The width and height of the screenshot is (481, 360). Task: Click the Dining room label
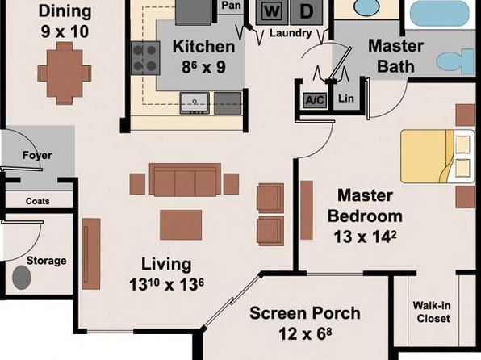[65, 11]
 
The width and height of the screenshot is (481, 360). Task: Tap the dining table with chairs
[65, 73]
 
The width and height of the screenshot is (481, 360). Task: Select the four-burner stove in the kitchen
[145, 58]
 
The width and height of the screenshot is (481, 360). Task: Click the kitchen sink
[194, 103]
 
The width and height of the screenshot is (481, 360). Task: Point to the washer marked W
[272, 12]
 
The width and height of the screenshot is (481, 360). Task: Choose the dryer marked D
[306, 12]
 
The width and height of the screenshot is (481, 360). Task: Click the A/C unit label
[315, 100]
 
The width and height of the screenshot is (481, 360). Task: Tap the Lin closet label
[345, 98]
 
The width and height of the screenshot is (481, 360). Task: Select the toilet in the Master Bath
[455, 61]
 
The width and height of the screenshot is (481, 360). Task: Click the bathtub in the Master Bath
[440, 13]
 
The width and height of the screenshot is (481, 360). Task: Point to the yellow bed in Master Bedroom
[437, 157]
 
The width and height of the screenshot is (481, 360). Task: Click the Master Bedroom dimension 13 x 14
[365, 237]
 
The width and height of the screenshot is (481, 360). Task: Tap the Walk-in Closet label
[433, 312]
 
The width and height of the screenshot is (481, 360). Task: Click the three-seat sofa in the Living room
[185, 180]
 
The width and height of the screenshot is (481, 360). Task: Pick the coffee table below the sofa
[181, 224]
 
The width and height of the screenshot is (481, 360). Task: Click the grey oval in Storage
[22, 278]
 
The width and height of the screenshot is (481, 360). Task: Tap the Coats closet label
[38, 201]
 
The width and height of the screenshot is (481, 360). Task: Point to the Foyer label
[37, 155]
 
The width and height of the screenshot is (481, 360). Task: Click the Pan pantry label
[231, 5]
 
